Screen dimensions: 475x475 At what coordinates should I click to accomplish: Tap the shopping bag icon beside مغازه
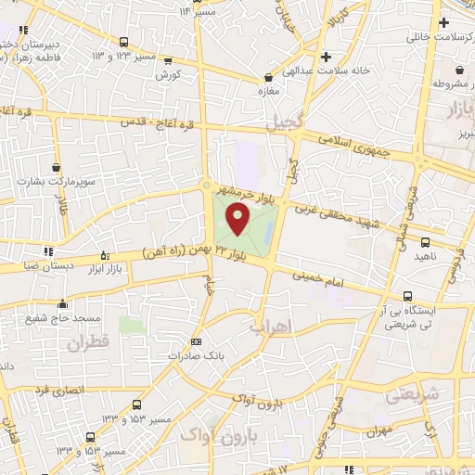point(268,79)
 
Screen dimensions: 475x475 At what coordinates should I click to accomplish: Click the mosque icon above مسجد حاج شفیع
point(62,303)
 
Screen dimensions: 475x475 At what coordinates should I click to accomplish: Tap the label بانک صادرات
point(195,355)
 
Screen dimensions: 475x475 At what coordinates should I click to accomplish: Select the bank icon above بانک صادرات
point(195,341)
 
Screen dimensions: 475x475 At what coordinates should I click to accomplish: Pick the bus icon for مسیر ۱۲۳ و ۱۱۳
point(123,41)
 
